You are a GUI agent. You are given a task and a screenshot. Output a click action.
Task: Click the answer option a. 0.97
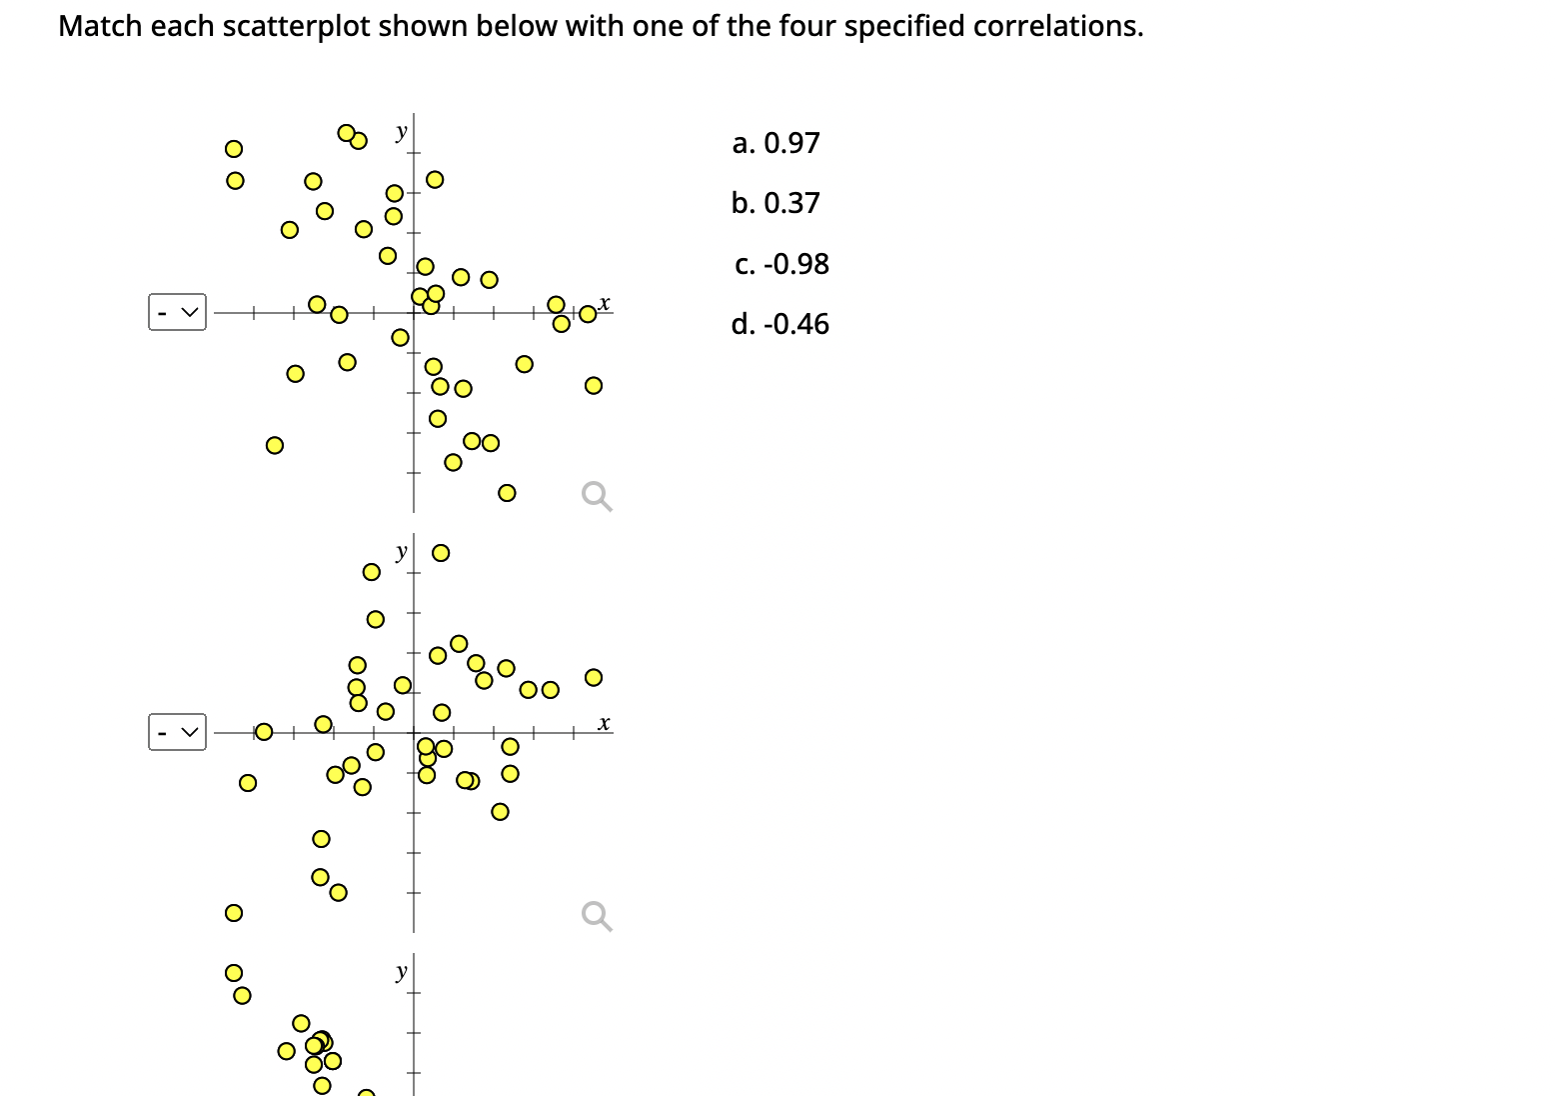(776, 143)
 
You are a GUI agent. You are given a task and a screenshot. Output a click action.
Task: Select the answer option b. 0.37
(776, 203)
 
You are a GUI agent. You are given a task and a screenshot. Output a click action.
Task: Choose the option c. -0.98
(780, 264)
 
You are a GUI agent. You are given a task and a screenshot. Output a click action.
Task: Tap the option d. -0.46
(779, 324)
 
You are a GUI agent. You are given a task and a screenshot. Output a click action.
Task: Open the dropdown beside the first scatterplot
(178, 312)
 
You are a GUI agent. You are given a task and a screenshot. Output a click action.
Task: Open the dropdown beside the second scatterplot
(178, 732)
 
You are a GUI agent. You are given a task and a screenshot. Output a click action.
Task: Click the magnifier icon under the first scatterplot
(597, 496)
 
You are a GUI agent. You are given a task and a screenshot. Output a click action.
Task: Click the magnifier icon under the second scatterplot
(597, 916)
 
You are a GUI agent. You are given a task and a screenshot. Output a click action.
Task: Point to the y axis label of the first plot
(401, 132)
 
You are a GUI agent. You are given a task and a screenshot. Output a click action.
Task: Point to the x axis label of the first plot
(605, 302)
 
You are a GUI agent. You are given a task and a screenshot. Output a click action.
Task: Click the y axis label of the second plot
(401, 551)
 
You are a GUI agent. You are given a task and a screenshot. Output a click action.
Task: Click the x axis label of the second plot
(605, 722)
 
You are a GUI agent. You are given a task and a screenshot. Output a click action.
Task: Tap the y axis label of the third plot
(401, 971)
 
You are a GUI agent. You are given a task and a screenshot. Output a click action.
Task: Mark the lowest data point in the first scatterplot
(507, 492)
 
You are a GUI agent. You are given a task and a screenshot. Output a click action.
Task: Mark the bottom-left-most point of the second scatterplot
(233, 912)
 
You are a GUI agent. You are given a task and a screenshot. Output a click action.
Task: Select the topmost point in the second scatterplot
(440, 552)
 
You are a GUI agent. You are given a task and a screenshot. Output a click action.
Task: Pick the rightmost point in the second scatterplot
(593, 677)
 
